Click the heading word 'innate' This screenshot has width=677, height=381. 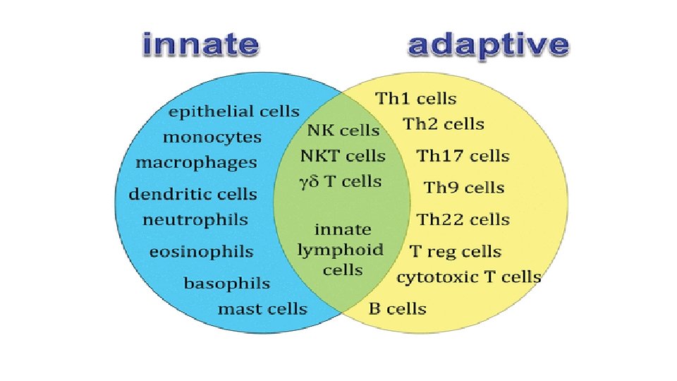point(200,46)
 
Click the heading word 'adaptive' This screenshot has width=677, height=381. point(488,46)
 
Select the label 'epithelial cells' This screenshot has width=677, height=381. point(233,111)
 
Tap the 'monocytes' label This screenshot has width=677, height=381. point(212,137)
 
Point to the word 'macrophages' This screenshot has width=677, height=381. point(196,162)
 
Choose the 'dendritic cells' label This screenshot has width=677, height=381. point(193,194)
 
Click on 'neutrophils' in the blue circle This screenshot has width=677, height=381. point(195,219)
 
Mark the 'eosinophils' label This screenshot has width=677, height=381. point(201,252)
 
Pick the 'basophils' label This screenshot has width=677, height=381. point(226,284)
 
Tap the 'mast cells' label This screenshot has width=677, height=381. point(262,309)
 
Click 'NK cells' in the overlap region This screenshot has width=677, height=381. point(343,131)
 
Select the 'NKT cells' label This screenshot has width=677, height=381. point(343,156)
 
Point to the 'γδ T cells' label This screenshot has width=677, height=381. point(341,181)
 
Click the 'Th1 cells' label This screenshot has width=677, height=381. point(416,99)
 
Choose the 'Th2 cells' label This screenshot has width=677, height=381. point(444,124)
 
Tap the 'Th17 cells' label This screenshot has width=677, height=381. point(463,156)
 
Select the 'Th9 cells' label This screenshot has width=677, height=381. point(464,188)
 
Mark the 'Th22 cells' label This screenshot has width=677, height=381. point(463,219)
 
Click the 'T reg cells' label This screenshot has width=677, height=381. point(456,252)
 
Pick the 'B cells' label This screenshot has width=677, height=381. point(398,309)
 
